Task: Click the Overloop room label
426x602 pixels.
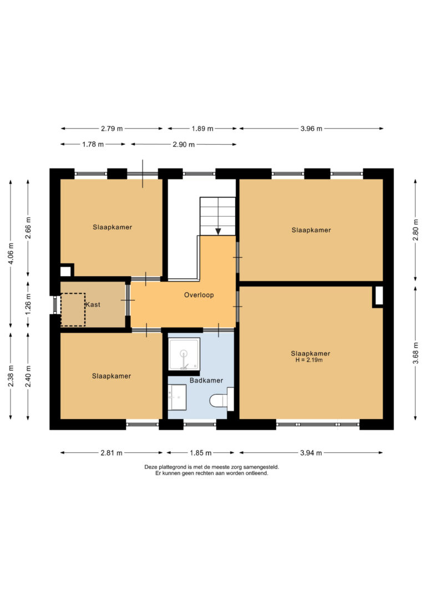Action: pyautogui.click(x=199, y=295)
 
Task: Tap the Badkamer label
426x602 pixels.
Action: pyautogui.click(x=206, y=380)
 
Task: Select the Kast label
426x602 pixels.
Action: pyautogui.click(x=93, y=304)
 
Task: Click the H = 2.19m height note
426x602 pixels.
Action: pyautogui.click(x=309, y=360)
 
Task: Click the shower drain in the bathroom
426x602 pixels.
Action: pyautogui.click(x=184, y=353)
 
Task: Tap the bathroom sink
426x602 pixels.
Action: pyautogui.click(x=177, y=397)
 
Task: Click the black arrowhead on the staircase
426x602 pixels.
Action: pyautogui.click(x=218, y=232)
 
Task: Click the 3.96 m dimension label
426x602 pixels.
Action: pyautogui.click(x=311, y=129)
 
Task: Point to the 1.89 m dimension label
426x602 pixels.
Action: pyautogui.click(x=202, y=129)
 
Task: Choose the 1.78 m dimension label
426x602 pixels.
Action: pyautogui.click(x=93, y=144)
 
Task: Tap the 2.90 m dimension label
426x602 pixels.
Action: pyautogui.click(x=184, y=144)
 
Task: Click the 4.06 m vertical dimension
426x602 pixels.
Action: pyautogui.click(x=11, y=253)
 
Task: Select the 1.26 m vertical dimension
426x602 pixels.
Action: pyautogui.click(x=28, y=304)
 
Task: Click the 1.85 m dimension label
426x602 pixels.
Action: pyautogui.click(x=200, y=453)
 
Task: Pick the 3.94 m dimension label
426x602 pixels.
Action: pyautogui.click(x=311, y=453)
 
